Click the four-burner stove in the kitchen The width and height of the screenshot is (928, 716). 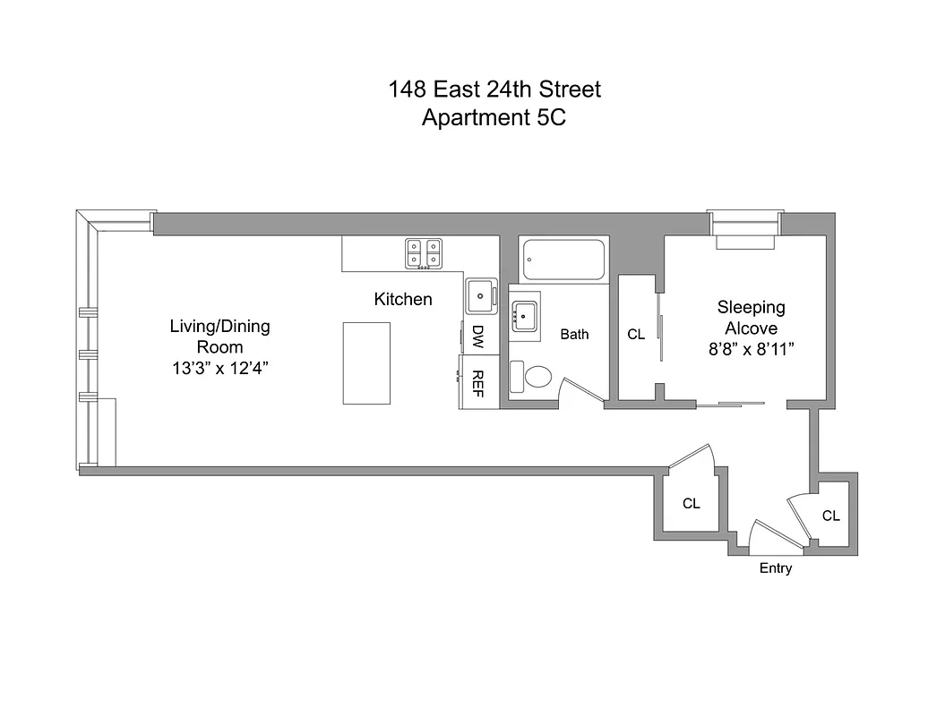pos(423,253)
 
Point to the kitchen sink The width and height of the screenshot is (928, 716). pos(482,294)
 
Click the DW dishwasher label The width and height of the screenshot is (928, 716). pos(478,337)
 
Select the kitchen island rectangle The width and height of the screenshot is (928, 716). pos(366,363)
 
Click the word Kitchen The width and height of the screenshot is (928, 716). pos(403,299)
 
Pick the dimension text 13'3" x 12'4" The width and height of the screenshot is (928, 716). pos(219,366)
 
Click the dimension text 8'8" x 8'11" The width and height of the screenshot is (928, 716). pos(751,350)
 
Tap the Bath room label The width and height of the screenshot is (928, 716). pos(574,334)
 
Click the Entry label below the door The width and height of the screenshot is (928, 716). pos(775,568)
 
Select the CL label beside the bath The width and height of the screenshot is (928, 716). pos(636,335)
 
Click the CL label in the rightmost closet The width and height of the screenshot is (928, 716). pos(830,516)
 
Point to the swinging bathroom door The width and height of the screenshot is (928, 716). pos(580,392)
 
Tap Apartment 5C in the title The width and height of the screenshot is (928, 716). pos(494,117)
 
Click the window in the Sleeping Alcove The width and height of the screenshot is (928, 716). pos(745,229)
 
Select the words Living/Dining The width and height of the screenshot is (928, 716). pos(219,327)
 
